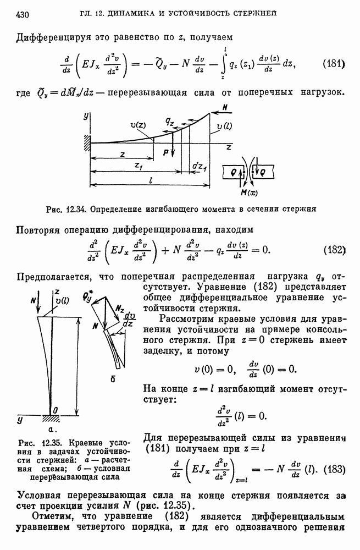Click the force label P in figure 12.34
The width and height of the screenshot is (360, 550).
point(166,155)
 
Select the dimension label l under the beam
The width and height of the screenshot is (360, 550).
point(151,179)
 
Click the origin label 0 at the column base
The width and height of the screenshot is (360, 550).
point(56,410)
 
